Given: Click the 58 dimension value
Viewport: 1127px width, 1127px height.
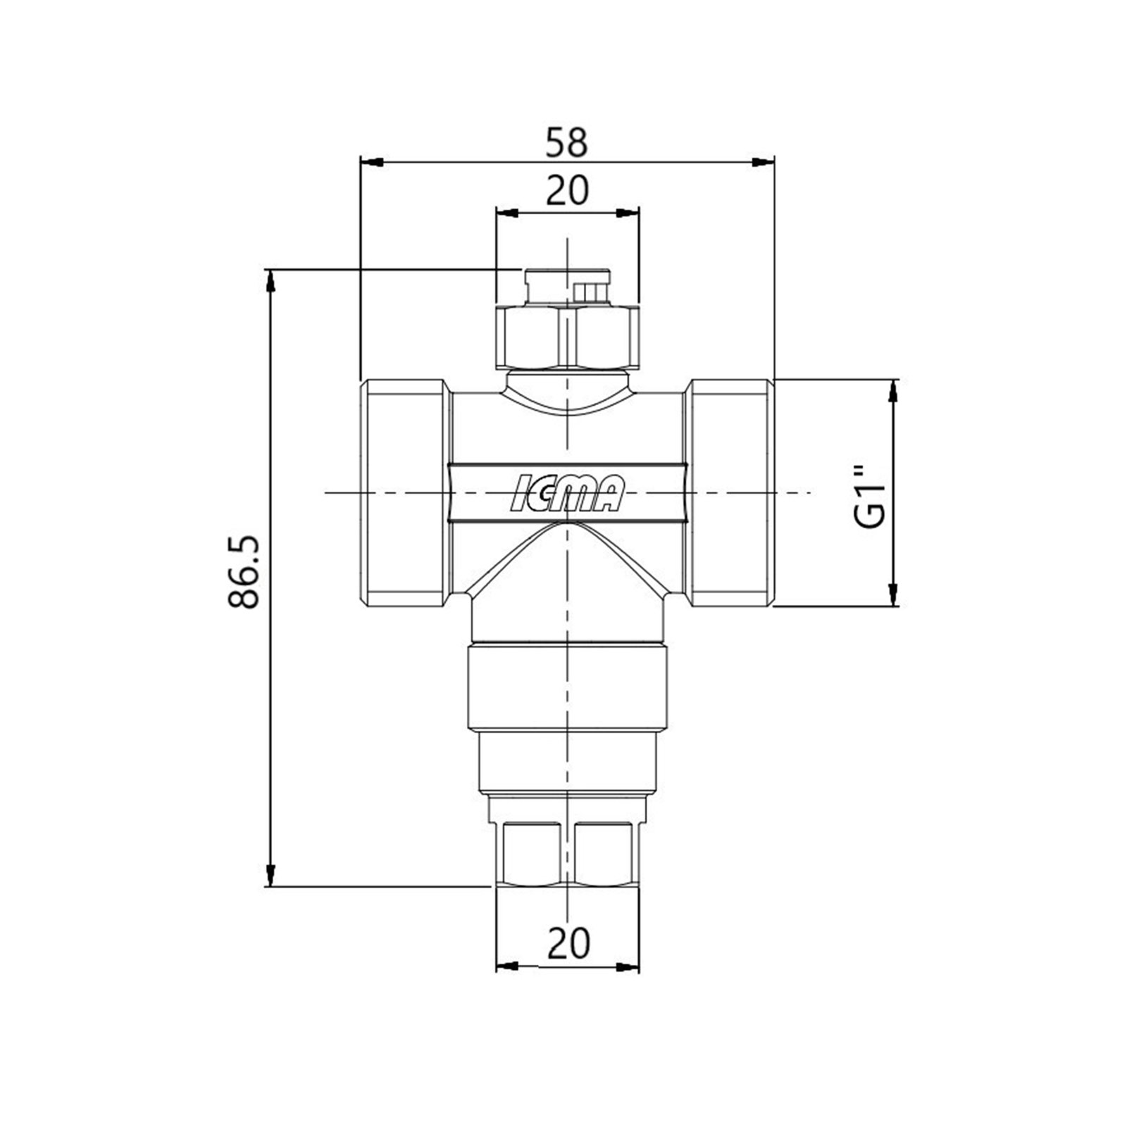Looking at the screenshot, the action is pos(567,142).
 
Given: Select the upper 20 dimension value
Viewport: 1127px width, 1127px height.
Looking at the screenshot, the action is pos(567,191).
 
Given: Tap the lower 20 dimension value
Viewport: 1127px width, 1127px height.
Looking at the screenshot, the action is pos(568,943).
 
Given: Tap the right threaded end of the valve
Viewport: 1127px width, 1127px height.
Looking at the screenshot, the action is pos(730,492).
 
